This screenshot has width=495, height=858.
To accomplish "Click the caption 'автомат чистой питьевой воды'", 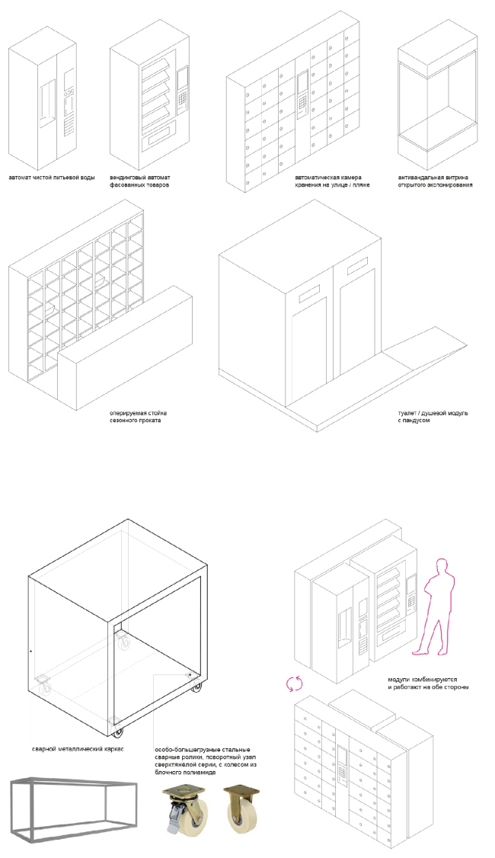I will [51, 178].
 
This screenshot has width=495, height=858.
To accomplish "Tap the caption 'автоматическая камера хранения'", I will [333, 181].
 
